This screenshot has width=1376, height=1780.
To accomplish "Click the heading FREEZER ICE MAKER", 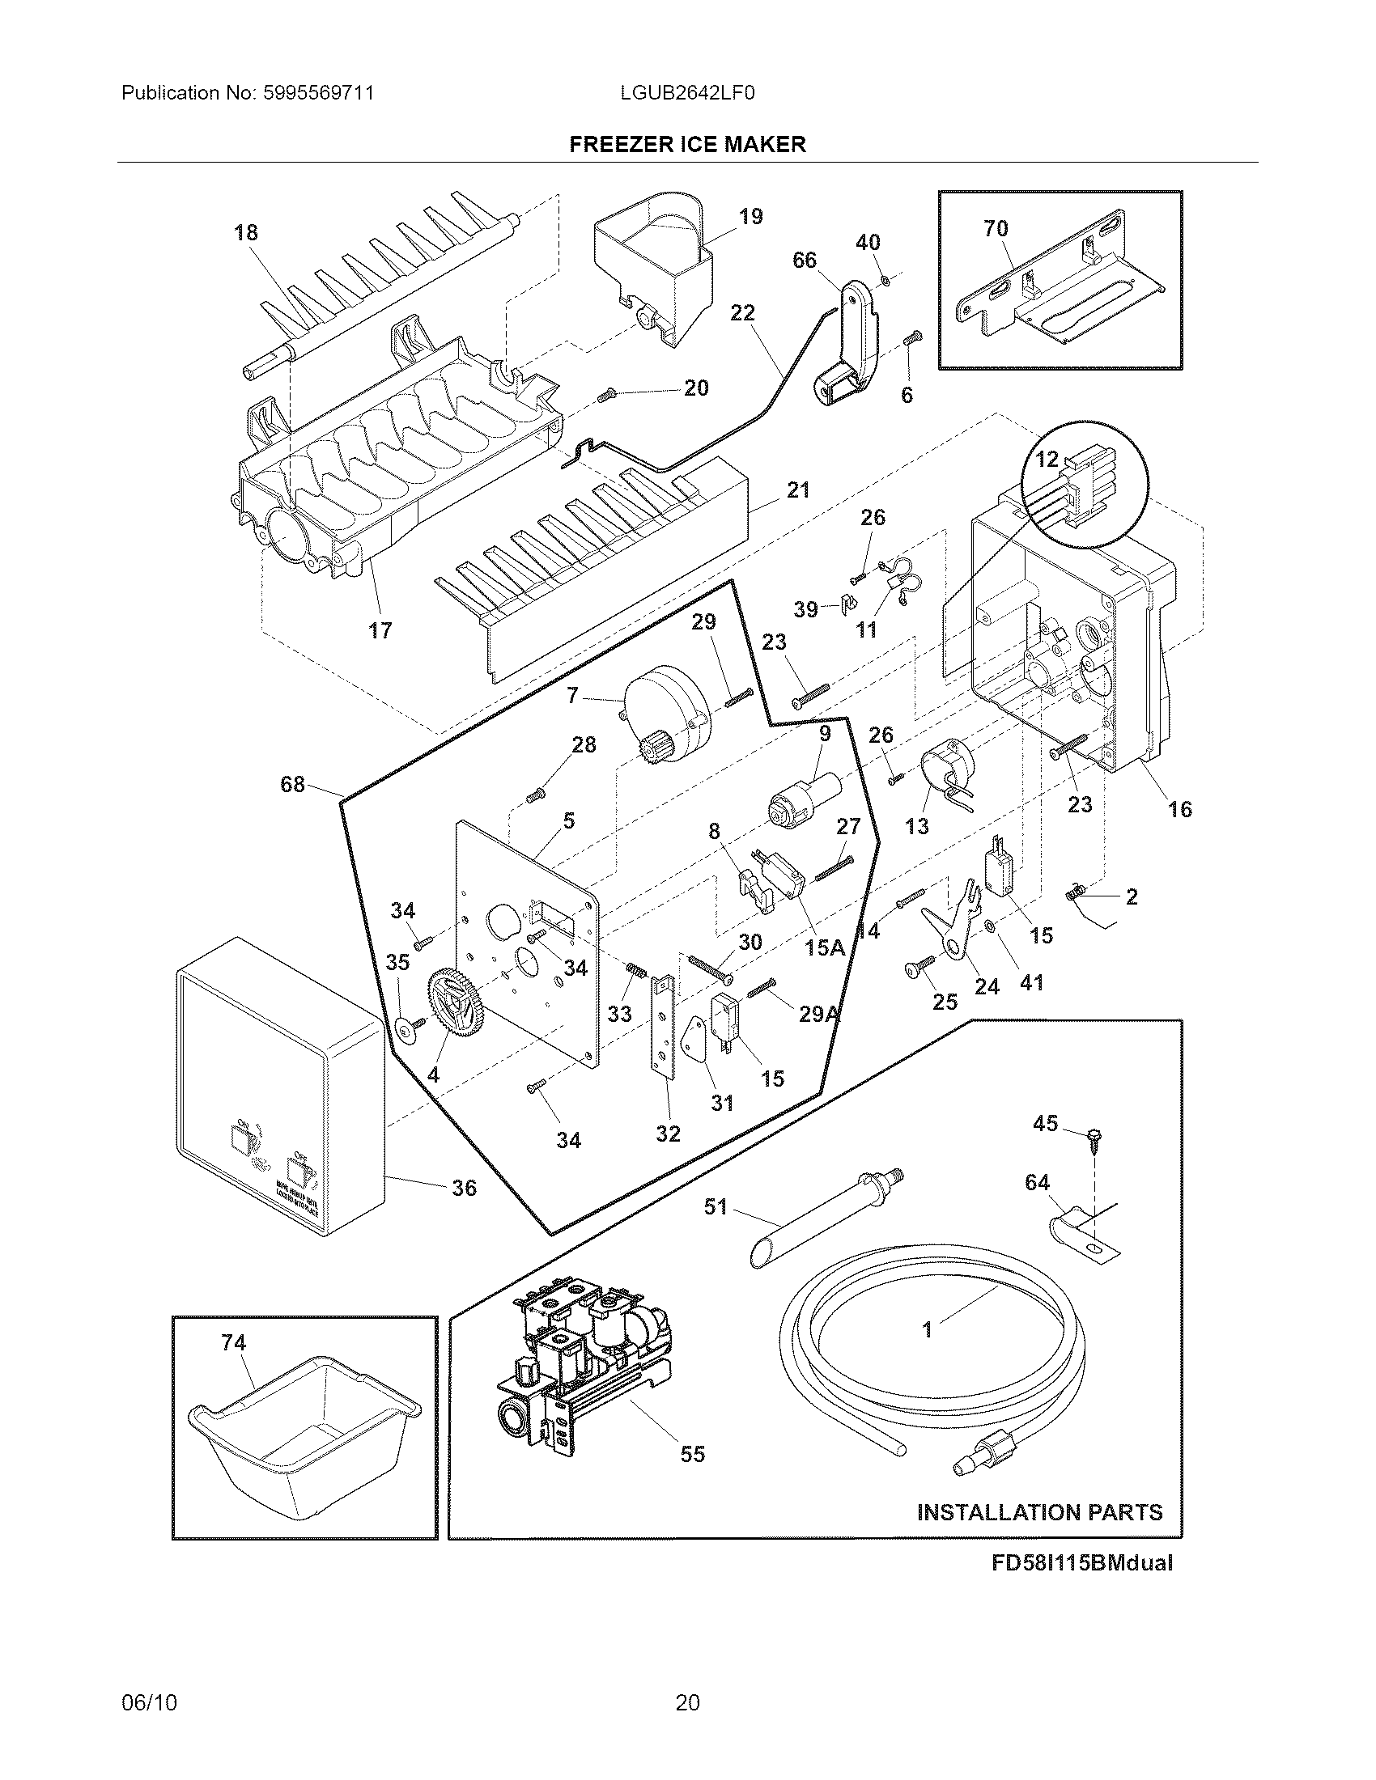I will [687, 144].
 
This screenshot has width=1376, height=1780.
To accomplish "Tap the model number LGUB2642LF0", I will [687, 93].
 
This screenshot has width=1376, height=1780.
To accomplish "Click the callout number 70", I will [996, 229].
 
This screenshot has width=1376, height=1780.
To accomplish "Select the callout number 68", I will [292, 784].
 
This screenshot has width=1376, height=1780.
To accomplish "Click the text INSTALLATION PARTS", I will [1039, 1513].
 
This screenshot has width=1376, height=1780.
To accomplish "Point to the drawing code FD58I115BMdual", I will [1081, 1562].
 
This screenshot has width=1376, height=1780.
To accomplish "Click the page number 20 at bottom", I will [687, 1702].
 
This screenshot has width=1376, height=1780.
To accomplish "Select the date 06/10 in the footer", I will [149, 1702].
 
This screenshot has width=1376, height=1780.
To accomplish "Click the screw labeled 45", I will [1091, 1138].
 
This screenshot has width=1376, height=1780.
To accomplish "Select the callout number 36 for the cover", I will [464, 1189].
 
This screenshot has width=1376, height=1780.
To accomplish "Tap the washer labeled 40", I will [885, 282].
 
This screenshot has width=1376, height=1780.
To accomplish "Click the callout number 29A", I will [818, 1015].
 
